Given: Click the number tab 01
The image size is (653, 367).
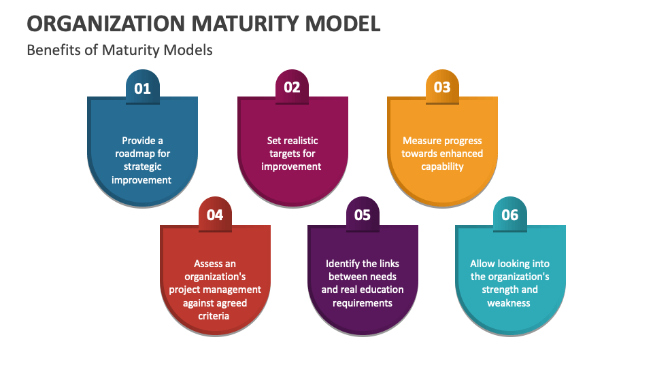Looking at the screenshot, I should [142, 88].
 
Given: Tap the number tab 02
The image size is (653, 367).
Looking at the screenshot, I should [292, 87].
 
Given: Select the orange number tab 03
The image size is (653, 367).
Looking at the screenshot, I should [442, 87].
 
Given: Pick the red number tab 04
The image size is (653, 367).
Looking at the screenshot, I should [215, 215].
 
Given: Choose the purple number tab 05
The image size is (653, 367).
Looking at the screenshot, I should [363, 215].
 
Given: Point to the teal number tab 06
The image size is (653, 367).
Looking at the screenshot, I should [509, 215].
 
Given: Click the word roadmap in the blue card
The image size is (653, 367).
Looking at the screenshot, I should [133, 154].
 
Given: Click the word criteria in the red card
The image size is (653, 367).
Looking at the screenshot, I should [215, 315].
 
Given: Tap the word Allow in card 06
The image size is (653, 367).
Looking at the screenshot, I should [482, 264].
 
